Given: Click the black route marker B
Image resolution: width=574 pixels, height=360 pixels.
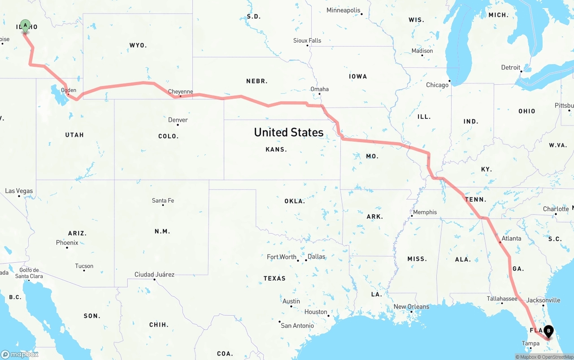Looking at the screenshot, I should [x=548, y=332].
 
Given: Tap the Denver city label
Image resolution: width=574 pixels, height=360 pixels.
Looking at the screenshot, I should [x=178, y=120].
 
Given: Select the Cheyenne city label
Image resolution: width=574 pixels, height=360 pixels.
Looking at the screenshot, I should [x=180, y=92].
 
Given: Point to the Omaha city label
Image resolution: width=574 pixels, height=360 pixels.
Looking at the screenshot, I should [x=319, y=89].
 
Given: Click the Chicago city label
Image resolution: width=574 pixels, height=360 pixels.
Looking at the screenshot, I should [x=437, y=85].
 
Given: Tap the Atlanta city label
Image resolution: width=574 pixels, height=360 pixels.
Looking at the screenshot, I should [x=511, y=239].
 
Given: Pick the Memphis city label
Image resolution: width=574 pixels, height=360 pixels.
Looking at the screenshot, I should [x=425, y=212].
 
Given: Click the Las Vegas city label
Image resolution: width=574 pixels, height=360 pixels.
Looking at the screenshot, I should [x=19, y=191].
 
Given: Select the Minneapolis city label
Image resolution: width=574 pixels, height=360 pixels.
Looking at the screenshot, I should [x=343, y=10].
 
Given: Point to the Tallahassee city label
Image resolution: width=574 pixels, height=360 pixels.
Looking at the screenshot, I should [x=502, y=299].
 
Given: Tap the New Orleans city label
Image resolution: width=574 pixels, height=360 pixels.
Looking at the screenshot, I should [x=411, y=307].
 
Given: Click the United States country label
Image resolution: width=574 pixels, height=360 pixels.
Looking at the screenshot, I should [x=288, y=132].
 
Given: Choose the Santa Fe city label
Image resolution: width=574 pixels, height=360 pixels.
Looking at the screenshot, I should [x=163, y=200].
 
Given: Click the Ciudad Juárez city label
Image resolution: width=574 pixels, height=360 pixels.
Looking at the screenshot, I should [x=154, y=274].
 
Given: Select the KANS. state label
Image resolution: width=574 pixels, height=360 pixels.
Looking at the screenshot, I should [x=276, y=149].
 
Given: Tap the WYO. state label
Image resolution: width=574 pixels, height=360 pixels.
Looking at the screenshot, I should [x=138, y=45].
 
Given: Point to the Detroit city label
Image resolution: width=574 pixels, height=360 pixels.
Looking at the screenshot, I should [x=511, y=68].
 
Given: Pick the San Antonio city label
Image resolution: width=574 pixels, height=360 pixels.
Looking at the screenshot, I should [x=297, y=325].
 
